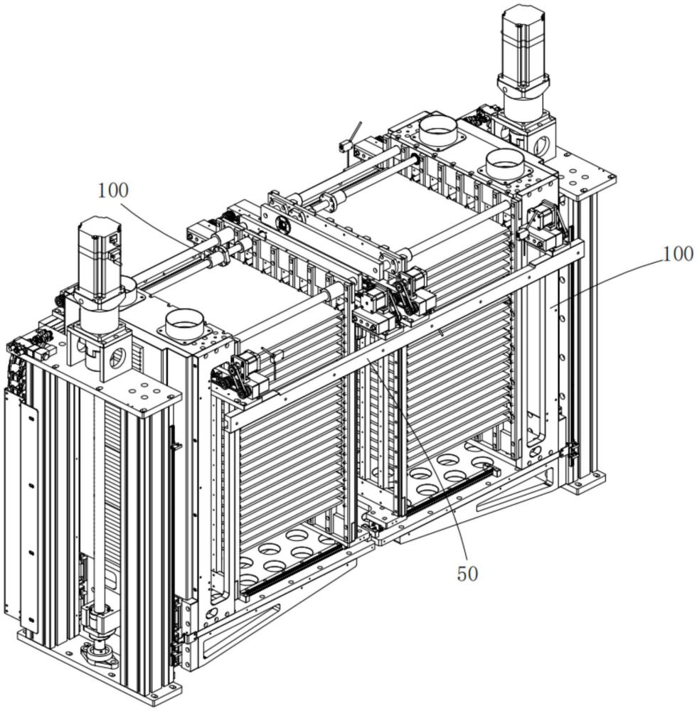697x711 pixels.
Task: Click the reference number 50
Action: tap(467, 574)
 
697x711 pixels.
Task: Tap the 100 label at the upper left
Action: tap(113, 191)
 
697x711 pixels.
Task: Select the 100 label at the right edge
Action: tap(678, 254)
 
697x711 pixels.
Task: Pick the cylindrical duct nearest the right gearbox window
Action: tap(504, 164)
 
